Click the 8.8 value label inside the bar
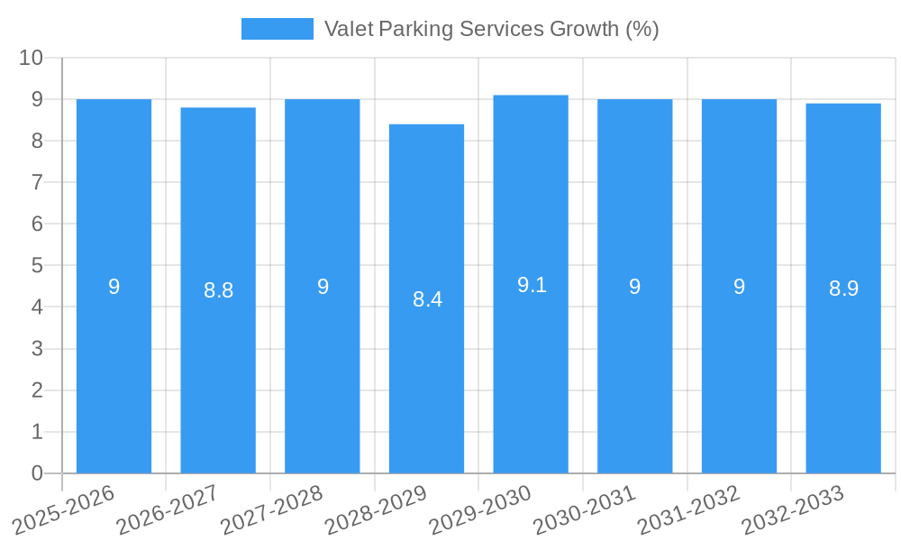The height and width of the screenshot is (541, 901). (218, 290)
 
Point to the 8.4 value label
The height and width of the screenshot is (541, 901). (427, 299)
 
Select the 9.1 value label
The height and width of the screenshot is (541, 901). (532, 285)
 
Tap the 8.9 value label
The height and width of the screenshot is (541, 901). (843, 289)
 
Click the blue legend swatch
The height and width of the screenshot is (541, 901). (277, 29)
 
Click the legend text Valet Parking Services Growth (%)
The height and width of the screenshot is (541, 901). (491, 29)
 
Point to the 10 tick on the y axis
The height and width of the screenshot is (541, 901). (32, 58)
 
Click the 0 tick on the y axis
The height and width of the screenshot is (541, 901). (37, 473)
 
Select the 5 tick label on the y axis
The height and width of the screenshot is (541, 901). (37, 266)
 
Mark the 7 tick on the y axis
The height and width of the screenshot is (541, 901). (37, 182)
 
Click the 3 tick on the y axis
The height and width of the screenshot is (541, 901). (37, 349)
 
